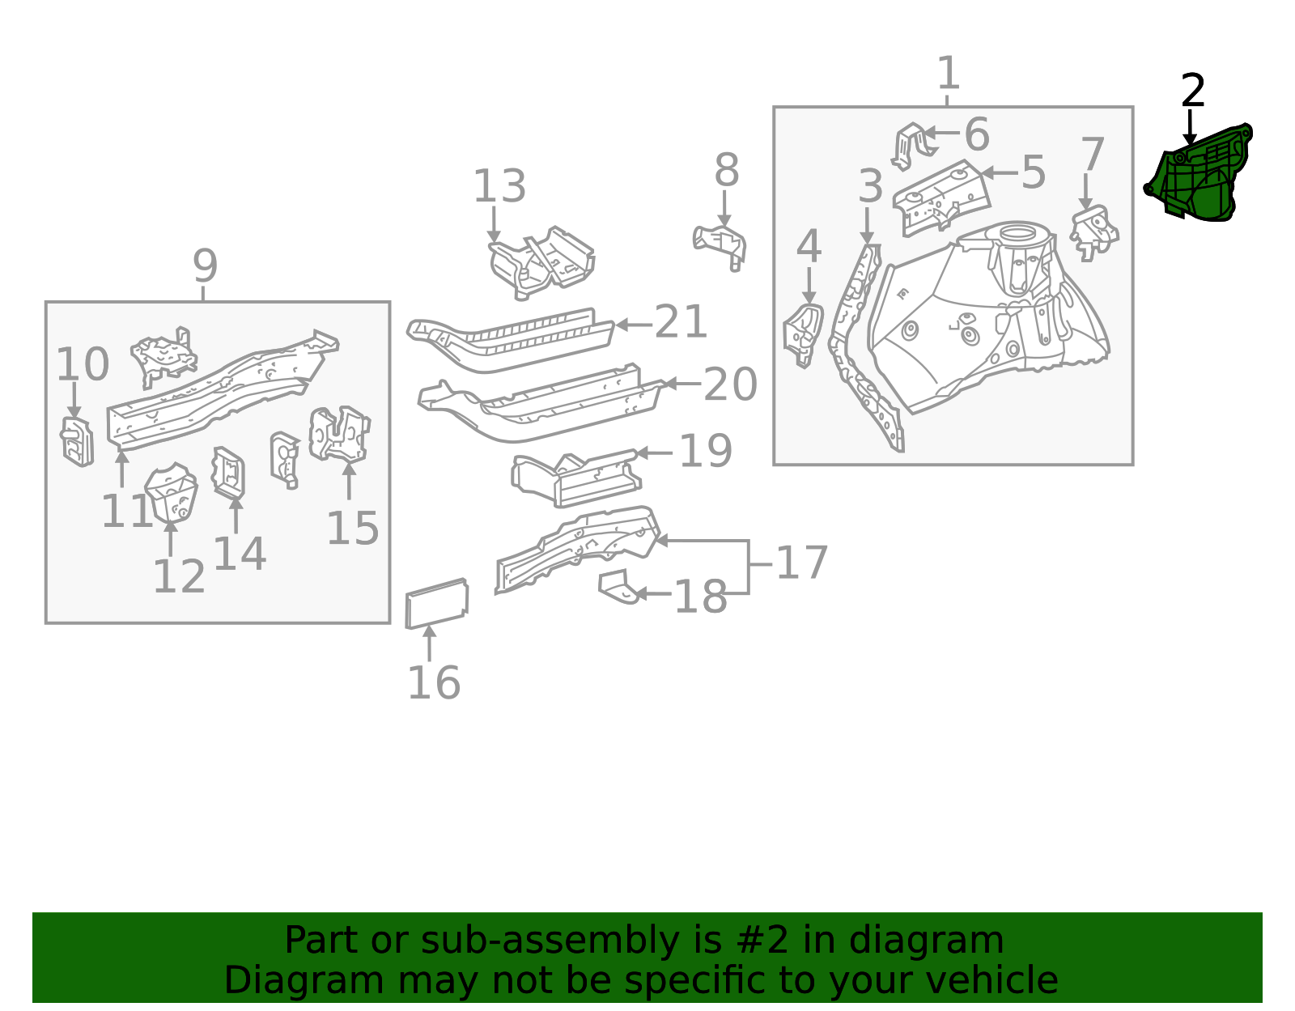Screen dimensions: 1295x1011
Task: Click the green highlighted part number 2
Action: click(x=1198, y=176)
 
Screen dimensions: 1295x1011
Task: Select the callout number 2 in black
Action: click(x=1192, y=91)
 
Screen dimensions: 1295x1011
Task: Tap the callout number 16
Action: click(x=434, y=682)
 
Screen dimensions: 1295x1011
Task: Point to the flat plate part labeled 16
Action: click(x=437, y=603)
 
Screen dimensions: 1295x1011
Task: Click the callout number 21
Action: click(x=681, y=321)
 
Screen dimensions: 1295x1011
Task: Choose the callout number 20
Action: click(x=730, y=384)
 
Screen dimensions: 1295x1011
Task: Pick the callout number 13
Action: click(x=499, y=186)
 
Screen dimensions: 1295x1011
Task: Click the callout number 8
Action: click(x=727, y=170)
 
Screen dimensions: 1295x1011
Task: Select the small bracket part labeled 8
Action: click(x=720, y=247)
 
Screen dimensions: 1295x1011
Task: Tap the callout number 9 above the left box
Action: click(x=205, y=265)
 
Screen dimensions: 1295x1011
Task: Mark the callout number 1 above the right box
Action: click(x=948, y=73)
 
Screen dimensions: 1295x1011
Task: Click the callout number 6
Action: click(x=977, y=134)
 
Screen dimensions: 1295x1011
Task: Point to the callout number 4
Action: click(x=809, y=245)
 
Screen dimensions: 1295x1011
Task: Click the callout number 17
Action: click(x=802, y=563)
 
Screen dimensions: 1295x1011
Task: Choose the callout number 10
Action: click(x=83, y=364)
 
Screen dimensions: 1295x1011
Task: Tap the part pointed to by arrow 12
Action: click(x=171, y=493)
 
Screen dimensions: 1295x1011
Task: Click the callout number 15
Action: click(x=353, y=529)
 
